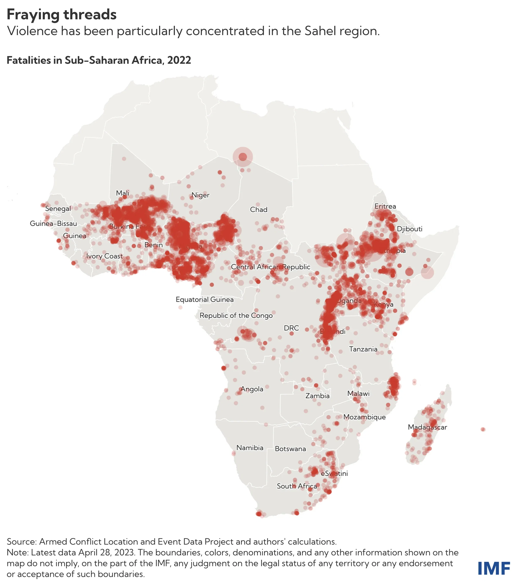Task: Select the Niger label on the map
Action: (200, 195)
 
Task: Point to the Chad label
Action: (259, 210)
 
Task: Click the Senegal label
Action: (58, 208)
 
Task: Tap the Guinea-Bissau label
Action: (53, 223)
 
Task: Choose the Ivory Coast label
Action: (104, 256)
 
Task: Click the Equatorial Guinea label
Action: (205, 299)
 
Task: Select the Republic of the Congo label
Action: (236, 315)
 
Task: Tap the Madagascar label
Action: (427, 427)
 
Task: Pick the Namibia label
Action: (250, 447)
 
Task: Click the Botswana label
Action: (290, 449)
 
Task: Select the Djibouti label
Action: (409, 229)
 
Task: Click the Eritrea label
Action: (385, 206)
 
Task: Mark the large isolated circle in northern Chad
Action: (243, 157)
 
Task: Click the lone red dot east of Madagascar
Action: (483, 429)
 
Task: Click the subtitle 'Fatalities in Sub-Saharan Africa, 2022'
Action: (99, 60)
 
